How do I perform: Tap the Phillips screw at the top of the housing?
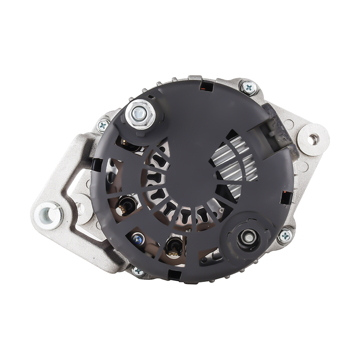point(249,88)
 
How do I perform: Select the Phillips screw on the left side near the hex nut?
point(103,126)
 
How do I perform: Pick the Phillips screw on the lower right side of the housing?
point(285,235)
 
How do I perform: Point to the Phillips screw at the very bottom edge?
point(138,271)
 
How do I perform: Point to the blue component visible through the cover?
point(138,238)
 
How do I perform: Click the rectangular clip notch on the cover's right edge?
point(286,197)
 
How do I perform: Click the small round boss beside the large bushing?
point(81,209)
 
